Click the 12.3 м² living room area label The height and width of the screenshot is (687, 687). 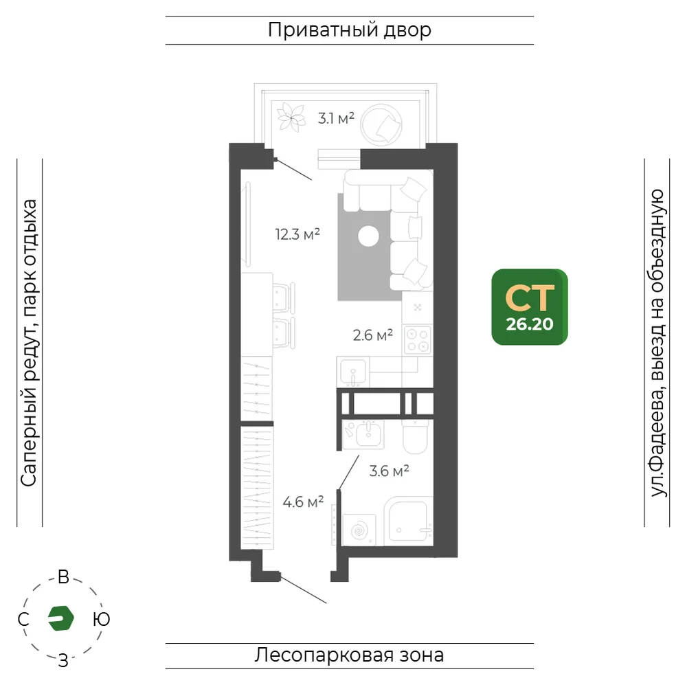(x=297, y=234)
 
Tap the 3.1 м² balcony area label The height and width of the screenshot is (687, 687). (x=336, y=118)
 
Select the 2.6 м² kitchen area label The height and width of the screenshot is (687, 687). (x=373, y=335)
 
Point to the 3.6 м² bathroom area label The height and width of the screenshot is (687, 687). (x=389, y=471)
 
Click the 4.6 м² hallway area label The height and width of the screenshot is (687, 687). (x=303, y=502)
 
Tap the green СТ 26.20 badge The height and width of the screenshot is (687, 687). (x=530, y=306)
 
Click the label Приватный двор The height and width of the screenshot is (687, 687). (x=350, y=30)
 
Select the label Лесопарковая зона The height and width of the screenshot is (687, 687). (x=349, y=655)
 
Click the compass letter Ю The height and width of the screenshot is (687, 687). (x=101, y=619)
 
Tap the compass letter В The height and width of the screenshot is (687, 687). (x=63, y=577)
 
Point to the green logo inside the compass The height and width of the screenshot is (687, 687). (x=61, y=618)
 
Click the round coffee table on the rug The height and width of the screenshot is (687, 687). (x=368, y=236)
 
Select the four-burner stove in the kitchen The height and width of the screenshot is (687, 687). (x=418, y=340)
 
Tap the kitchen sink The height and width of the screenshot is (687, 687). (x=353, y=372)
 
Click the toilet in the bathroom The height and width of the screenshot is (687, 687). (x=415, y=437)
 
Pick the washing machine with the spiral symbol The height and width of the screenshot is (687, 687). (x=359, y=530)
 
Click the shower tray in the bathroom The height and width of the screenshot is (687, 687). (x=408, y=521)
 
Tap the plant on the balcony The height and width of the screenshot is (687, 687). (x=291, y=117)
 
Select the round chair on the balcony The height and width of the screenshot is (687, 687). (x=381, y=125)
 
